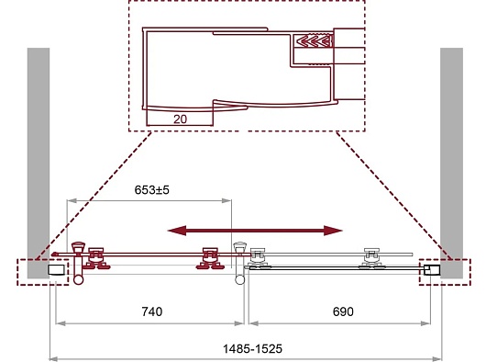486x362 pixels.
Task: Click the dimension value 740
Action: click(x=152, y=311)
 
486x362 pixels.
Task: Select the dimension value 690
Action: click(x=343, y=311)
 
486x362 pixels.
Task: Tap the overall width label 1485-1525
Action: click(x=252, y=348)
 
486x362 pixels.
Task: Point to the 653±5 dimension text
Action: click(x=152, y=189)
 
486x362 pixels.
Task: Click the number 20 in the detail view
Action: click(x=181, y=119)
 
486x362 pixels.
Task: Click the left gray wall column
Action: click(x=39, y=163)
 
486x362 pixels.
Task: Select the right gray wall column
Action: click(x=451, y=163)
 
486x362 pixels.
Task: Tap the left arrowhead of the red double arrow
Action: click(x=177, y=231)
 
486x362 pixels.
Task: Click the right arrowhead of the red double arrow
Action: click(x=333, y=231)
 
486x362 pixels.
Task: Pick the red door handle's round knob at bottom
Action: click(x=79, y=279)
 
